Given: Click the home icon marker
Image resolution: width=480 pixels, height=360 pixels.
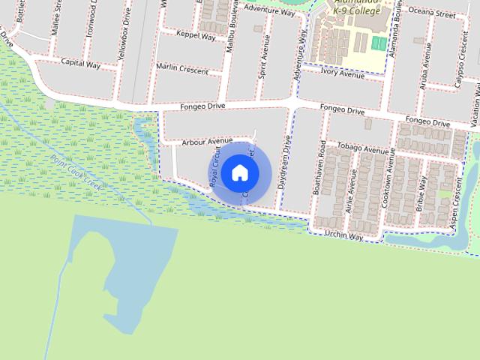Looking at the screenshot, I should coord(239,172).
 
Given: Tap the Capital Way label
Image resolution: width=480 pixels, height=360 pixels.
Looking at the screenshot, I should coord(80,64).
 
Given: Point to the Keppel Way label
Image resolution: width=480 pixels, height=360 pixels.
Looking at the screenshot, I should coord(196,34).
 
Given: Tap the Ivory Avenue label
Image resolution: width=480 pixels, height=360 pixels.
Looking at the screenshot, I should coord(341,73).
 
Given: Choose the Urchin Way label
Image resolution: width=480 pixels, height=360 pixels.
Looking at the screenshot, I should coord(343,236).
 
